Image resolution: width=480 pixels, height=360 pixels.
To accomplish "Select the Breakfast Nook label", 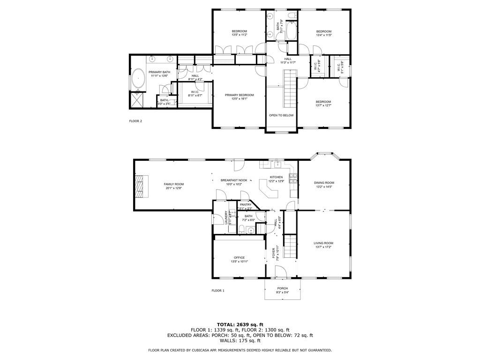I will [234, 180].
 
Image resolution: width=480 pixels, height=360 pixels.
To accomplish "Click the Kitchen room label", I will [276, 177].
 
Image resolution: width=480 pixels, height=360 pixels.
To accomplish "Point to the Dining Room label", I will [324, 183].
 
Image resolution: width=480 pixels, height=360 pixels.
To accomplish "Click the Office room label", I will [240, 257].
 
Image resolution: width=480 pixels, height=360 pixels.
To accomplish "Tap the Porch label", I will [282, 288].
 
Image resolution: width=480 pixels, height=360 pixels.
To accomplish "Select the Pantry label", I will [246, 205].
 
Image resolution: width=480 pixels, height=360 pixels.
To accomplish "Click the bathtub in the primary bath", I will [138, 79].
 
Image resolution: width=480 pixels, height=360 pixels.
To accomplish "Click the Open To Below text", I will [281, 115].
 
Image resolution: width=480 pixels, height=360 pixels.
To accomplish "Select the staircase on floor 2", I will [291, 89].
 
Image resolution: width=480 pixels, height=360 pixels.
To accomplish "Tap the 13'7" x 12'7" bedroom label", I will [323, 102].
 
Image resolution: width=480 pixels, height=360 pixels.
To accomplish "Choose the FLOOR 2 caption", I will [135, 121].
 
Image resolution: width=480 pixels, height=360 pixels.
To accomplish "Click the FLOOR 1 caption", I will [218, 291].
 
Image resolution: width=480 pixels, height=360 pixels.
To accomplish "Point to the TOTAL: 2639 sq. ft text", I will [240, 324].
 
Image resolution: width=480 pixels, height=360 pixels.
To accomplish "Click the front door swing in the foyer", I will [280, 271].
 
